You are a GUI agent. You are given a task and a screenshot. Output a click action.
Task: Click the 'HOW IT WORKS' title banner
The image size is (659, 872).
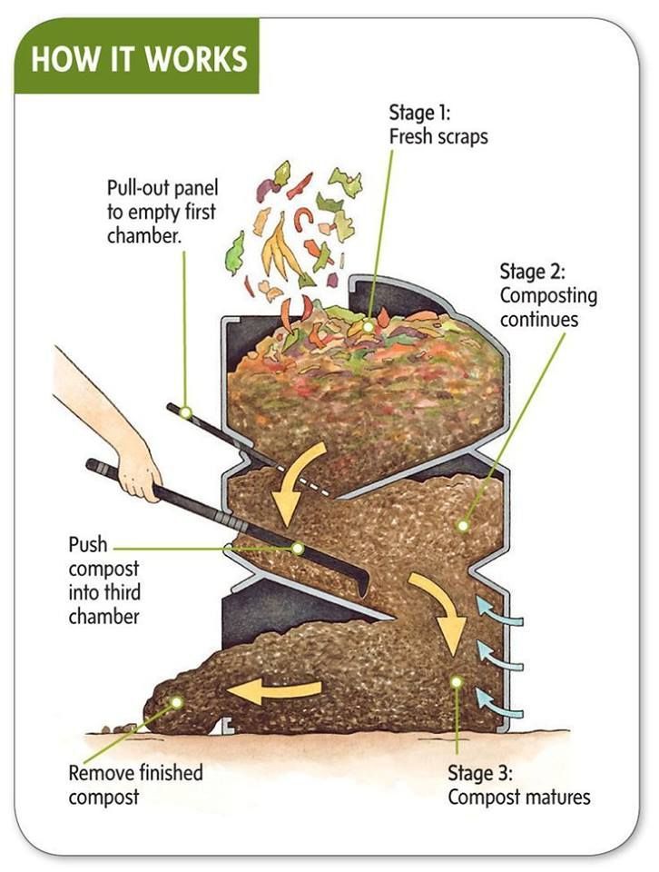click(x=137, y=58)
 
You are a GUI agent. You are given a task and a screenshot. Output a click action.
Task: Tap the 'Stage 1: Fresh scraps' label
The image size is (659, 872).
click(x=438, y=125)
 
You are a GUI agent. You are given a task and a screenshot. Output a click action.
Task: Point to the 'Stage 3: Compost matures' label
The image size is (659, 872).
click(x=518, y=787)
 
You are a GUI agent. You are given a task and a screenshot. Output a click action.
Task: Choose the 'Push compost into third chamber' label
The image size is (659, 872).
click(x=104, y=580)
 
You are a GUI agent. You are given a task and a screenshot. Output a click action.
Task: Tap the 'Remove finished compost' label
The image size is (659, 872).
click(x=135, y=786)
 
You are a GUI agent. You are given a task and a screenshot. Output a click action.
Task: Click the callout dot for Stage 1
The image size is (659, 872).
click(x=369, y=325)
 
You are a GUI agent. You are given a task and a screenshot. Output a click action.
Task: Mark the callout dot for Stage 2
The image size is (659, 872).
click(x=463, y=525)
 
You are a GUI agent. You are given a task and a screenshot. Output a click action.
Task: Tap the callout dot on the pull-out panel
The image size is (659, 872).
click(x=185, y=412)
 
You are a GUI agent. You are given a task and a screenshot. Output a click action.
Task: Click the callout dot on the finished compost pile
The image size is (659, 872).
click(x=176, y=702)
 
